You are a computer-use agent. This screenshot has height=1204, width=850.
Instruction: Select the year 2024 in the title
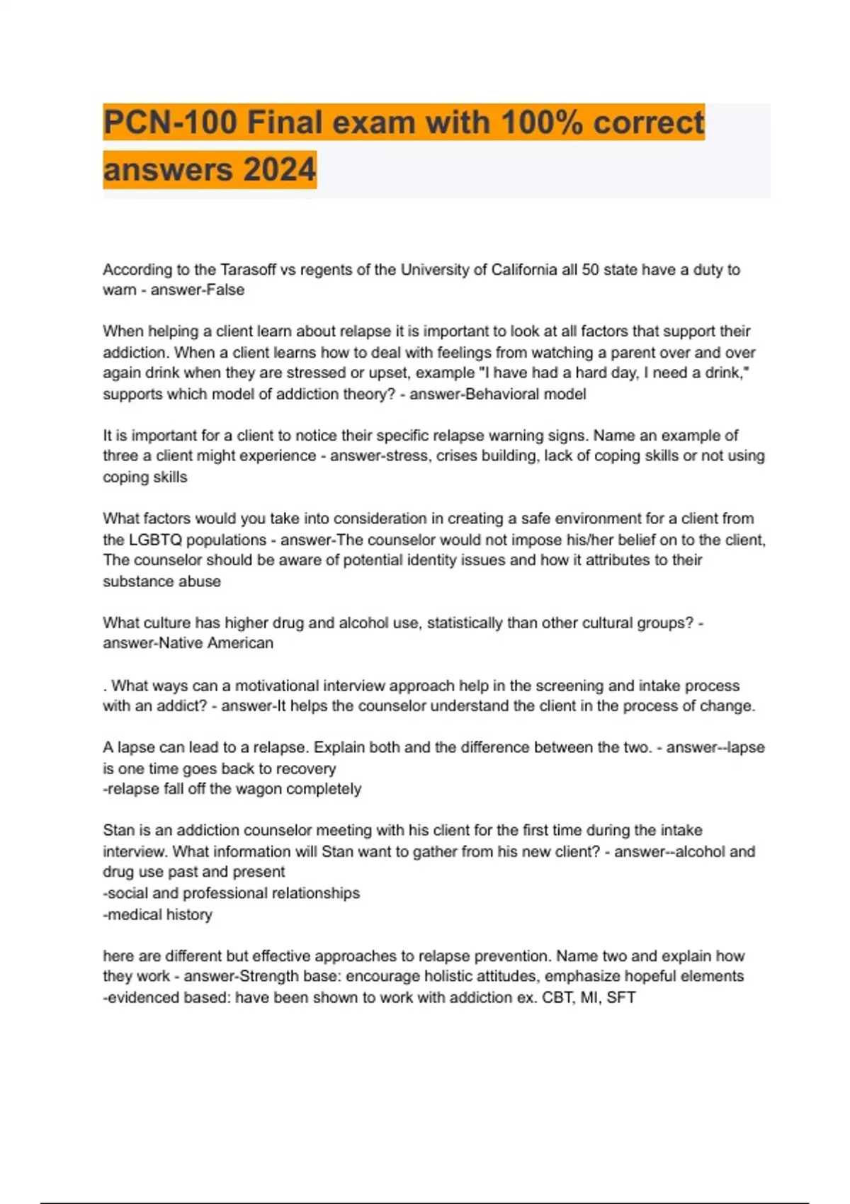pos(279,170)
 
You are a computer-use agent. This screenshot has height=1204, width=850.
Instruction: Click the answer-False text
pos(198,290)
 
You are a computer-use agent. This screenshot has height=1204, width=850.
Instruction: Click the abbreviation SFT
pos(621,998)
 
